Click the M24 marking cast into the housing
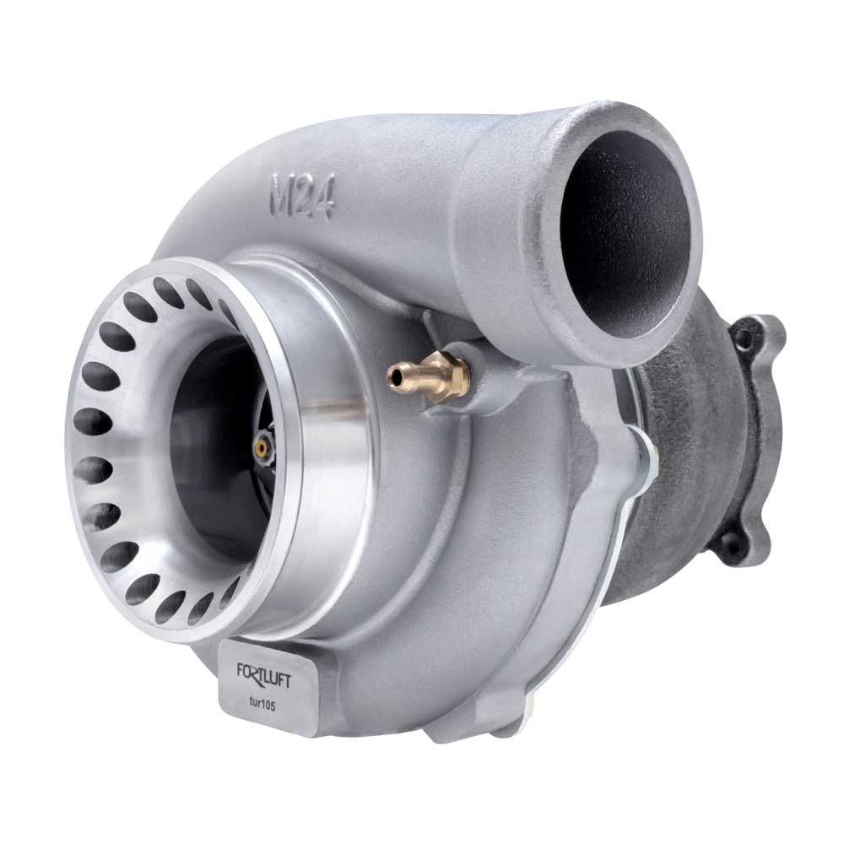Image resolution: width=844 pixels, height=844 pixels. [x=302, y=196]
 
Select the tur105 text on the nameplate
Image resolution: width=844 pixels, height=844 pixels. [x=262, y=706]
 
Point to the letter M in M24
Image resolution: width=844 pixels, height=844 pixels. [x=281, y=192]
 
